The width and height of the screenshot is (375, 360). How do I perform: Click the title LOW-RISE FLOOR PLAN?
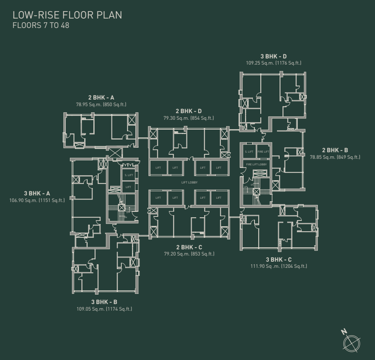pyautogui.click(x=67, y=15)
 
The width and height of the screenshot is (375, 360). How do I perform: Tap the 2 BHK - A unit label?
pyautogui.click(x=101, y=98)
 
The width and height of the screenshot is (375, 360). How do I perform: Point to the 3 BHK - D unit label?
pyautogui.click(x=273, y=56)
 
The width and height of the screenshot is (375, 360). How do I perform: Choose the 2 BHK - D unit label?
pyautogui.click(x=188, y=111)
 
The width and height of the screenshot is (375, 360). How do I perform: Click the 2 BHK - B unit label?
pyautogui.click(x=335, y=150)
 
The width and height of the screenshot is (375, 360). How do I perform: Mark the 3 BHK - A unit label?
pyautogui.click(x=37, y=193)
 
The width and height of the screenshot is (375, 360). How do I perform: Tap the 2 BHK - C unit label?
pyautogui.click(x=189, y=247)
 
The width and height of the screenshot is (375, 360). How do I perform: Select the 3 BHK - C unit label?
pyautogui.click(x=279, y=260)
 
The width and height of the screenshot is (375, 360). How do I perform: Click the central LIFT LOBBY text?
pyautogui.click(x=189, y=182)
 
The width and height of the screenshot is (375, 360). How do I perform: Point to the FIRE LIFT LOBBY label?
pyautogui.click(x=257, y=164)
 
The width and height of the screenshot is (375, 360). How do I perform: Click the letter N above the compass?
pyautogui.click(x=345, y=332)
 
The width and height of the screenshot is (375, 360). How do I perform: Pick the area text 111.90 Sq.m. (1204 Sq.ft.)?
pyautogui.click(x=279, y=267)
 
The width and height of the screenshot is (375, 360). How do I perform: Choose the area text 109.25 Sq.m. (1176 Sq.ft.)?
pyautogui.click(x=273, y=63)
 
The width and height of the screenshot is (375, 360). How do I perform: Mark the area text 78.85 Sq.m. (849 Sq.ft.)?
pyautogui.click(x=335, y=157)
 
